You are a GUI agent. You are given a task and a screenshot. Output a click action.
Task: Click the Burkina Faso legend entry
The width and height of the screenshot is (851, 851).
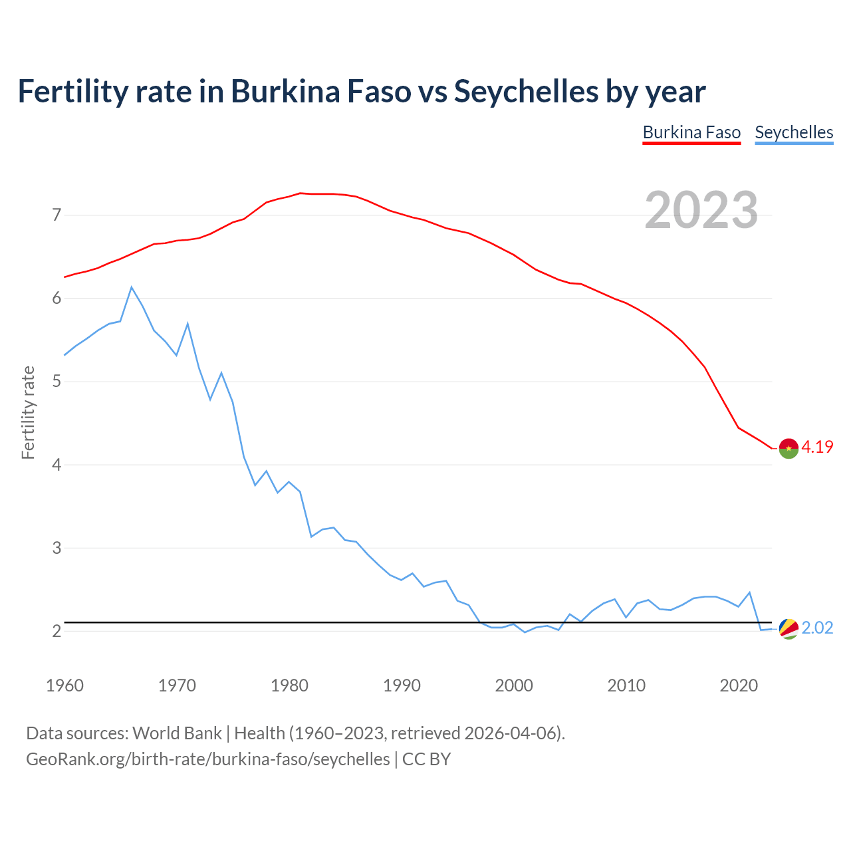tap(691, 132)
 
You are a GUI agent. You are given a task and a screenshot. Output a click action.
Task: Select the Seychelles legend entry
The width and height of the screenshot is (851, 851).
tap(794, 132)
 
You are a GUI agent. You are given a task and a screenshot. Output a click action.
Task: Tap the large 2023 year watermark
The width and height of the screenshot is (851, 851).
tap(701, 210)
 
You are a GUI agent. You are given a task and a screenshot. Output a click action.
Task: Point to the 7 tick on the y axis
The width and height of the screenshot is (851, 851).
tap(57, 215)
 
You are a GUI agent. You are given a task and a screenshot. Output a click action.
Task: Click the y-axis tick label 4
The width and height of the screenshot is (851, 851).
tap(57, 465)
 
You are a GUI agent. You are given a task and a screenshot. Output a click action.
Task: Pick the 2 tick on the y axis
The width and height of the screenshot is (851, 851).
tap(57, 631)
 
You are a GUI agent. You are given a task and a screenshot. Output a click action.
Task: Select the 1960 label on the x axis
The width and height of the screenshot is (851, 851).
tap(64, 685)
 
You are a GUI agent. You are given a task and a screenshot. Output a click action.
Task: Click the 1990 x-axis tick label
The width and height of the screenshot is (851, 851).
tap(402, 685)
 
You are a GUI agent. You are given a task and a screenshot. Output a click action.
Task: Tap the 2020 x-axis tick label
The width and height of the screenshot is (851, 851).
tap(739, 685)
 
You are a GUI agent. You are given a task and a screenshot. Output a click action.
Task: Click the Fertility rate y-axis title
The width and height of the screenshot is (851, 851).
tap(28, 412)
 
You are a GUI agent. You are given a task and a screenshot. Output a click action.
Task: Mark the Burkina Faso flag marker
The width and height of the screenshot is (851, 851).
tap(789, 449)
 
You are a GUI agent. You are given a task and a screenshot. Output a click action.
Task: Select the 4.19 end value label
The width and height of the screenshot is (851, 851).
tap(817, 447)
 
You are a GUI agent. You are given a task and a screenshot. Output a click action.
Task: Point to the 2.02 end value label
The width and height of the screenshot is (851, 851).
tap(817, 628)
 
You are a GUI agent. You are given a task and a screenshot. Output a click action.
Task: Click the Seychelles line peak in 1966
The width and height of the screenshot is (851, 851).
tap(132, 287)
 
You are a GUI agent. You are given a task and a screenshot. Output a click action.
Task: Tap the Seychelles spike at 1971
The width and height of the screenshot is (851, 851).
tap(188, 324)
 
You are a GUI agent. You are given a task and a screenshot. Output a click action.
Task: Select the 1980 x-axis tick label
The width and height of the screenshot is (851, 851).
tap(289, 685)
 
